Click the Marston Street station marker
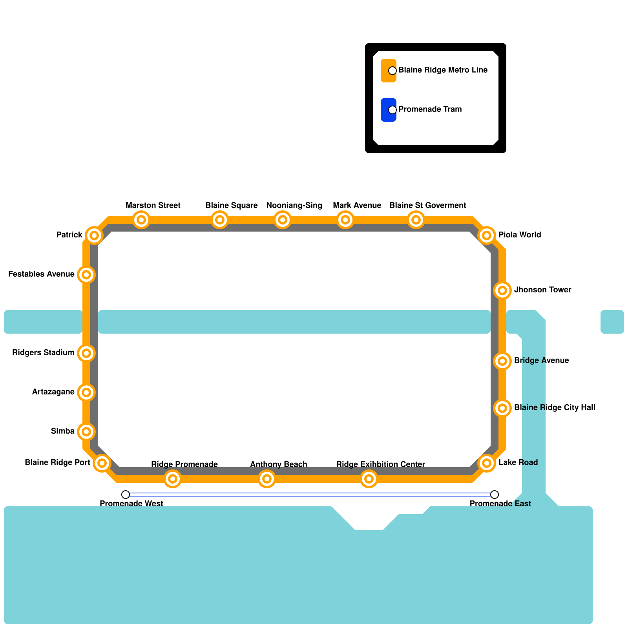coord(141,220)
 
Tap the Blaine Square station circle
coord(220,220)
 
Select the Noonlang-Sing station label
coord(294,205)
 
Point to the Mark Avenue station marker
coord(345,220)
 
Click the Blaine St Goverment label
coord(427,205)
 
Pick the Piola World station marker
coord(487,235)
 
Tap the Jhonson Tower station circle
coord(502,290)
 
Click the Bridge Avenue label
coord(541,360)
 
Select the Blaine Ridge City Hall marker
coord(502,408)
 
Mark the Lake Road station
coord(487,463)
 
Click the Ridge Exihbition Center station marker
coord(369,479)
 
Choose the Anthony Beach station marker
coord(267,479)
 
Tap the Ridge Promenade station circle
coord(173,479)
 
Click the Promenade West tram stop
coord(126,495)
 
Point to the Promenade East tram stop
coord(495,495)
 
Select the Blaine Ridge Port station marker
coord(102,463)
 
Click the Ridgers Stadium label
coord(43,352)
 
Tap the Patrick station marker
coord(94,235)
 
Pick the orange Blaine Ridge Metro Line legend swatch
coord(388,71)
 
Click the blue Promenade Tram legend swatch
coord(388,110)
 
